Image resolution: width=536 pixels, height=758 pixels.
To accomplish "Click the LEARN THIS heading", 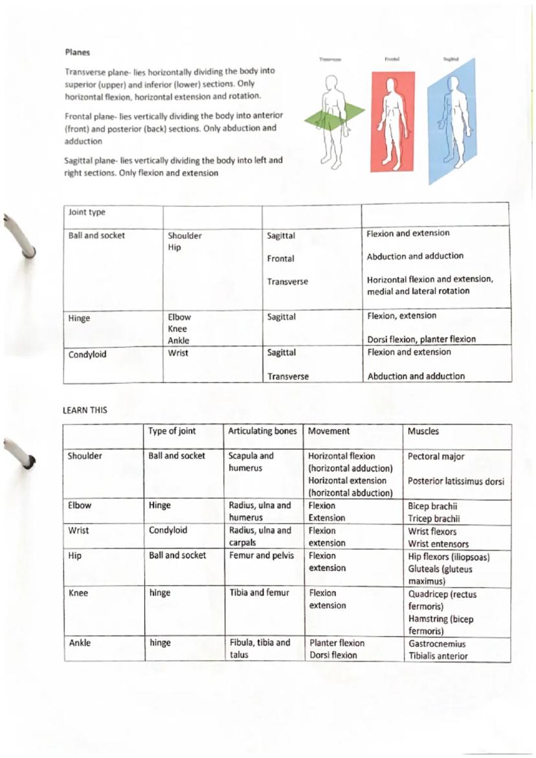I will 85,410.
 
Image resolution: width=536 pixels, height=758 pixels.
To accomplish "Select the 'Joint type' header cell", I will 87,212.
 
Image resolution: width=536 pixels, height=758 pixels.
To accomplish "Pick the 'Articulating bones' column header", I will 262,431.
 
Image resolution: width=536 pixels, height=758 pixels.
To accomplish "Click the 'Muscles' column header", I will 423,431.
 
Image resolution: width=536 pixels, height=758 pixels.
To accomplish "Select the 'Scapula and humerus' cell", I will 251,462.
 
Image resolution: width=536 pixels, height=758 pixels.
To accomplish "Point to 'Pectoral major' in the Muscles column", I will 436,456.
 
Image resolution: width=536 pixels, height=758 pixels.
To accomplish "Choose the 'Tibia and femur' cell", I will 259,592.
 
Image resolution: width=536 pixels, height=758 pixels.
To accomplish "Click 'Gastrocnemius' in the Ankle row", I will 437,644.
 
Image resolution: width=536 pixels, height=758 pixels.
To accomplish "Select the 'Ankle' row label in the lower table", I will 79,643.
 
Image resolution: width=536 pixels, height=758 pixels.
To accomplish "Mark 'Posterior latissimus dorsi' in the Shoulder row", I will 456,481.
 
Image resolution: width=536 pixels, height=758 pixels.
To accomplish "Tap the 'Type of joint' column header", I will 172,431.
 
